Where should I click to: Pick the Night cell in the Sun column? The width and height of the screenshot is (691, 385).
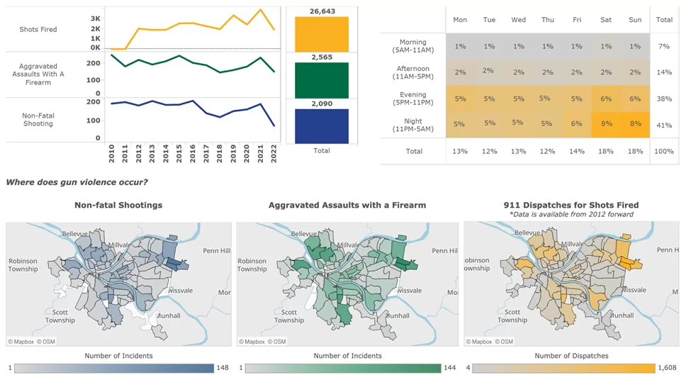[635, 123]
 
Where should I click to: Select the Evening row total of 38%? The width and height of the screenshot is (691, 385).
[664, 99]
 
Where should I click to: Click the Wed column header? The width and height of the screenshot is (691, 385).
[518, 20]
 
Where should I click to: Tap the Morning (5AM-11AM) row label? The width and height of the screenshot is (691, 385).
[413, 46]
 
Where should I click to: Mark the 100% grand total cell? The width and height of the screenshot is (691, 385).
[664, 151]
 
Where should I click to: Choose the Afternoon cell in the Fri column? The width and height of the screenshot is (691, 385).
[576, 72]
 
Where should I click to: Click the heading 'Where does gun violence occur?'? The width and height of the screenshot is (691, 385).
[77, 182]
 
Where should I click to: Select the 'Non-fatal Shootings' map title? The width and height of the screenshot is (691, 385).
[118, 205]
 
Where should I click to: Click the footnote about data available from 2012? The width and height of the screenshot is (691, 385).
[571, 214]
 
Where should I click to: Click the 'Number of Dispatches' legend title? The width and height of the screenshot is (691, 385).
[571, 356]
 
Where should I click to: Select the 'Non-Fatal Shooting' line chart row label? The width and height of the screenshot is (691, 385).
[38, 119]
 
